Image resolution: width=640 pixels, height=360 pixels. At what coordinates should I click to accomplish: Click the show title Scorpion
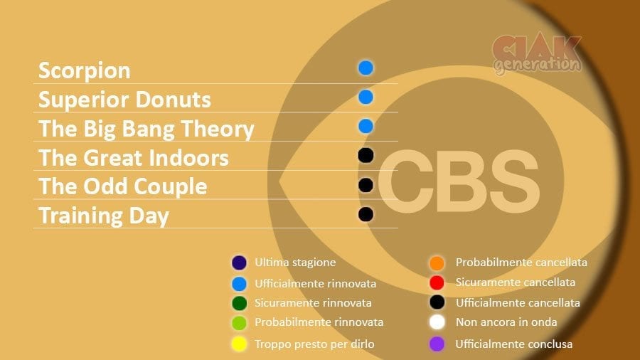[x=85, y=71]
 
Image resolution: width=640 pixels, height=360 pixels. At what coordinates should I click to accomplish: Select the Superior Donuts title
[x=124, y=100]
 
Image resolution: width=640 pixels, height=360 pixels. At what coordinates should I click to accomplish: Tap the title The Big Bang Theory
[x=146, y=129]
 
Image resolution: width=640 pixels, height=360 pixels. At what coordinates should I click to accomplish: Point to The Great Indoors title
[x=134, y=158]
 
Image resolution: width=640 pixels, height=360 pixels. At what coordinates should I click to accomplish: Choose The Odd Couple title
[x=123, y=187]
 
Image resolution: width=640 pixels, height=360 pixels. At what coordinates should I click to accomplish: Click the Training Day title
[x=104, y=216]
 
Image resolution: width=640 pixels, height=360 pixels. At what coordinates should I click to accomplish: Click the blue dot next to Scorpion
[x=366, y=68]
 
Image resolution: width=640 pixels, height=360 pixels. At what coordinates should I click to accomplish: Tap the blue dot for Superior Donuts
[x=366, y=97]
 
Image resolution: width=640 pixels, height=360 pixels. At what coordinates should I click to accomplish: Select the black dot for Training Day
[x=366, y=214]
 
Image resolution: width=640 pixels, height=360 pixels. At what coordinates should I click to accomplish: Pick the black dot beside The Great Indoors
[x=366, y=156]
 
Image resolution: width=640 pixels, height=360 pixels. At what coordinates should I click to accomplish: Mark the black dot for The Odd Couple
[x=366, y=185]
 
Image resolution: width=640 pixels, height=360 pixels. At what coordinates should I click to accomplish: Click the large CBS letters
[x=459, y=181]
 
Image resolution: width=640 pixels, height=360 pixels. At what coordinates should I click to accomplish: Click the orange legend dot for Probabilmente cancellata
[x=437, y=263]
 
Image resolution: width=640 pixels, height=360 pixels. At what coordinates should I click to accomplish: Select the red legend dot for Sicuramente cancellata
[x=437, y=282]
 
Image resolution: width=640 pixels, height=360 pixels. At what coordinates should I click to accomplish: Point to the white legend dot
[x=437, y=322]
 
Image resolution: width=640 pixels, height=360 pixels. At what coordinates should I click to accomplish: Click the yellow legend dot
[x=239, y=344]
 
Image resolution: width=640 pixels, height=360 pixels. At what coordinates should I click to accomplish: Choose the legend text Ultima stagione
[x=295, y=263]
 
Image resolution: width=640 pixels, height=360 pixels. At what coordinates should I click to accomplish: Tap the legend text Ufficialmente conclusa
[x=514, y=344]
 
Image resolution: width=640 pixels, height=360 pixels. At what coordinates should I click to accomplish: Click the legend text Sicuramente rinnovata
[x=313, y=303]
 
